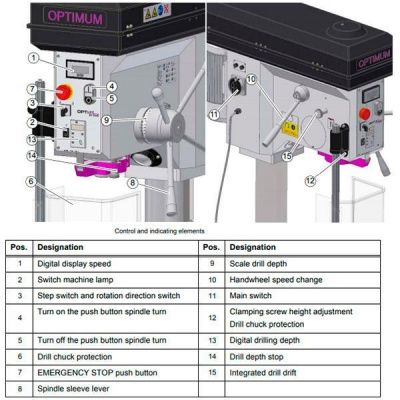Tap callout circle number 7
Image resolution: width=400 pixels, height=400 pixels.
[33, 90]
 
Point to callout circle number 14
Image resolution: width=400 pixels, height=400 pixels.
[33, 156]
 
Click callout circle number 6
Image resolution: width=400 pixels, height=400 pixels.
[33, 181]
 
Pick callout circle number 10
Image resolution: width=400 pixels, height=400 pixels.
[252, 78]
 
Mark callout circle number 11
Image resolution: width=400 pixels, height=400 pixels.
[213, 114]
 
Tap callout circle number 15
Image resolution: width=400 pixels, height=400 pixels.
[286, 155]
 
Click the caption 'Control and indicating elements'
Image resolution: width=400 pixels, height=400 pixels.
[200, 228]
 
